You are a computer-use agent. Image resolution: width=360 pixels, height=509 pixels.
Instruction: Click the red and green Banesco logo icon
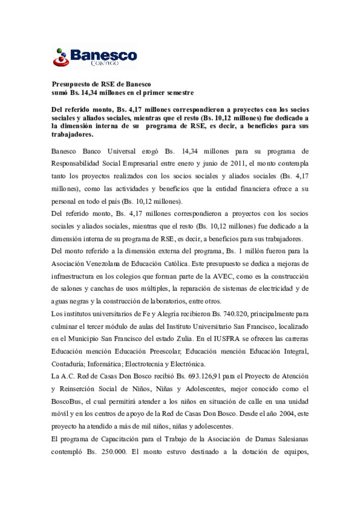click(x=61, y=57)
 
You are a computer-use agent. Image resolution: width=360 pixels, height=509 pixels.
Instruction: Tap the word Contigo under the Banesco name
click(x=105, y=63)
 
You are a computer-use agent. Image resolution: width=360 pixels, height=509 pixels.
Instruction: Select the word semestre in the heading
click(x=180, y=93)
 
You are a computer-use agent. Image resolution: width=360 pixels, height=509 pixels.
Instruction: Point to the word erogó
click(x=150, y=151)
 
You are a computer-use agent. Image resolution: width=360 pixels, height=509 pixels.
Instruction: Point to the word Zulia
click(x=184, y=339)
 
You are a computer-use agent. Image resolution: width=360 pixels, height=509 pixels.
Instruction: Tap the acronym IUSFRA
click(x=227, y=339)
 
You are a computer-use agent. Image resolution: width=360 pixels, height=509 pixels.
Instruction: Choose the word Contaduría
click(x=68, y=364)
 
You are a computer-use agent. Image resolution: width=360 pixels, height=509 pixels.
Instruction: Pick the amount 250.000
click(x=112, y=452)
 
